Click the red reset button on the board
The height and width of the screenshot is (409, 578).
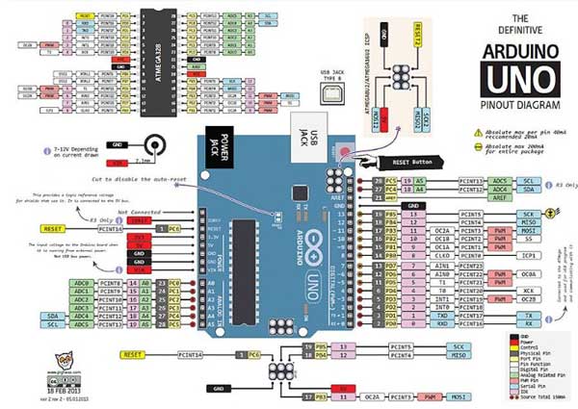(x=344, y=152)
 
